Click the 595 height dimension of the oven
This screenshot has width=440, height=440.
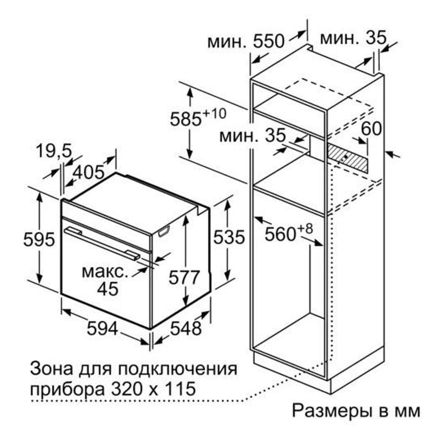pyautogui.click(x=39, y=239)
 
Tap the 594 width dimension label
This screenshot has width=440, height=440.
pyautogui.click(x=102, y=328)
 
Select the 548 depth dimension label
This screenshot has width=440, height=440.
pyautogui.click(x=186, y=328)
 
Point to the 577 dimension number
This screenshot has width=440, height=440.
pyautogui.click(x=184, y=278)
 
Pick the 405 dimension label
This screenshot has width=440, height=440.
pyautogui.click(x=88, y=172)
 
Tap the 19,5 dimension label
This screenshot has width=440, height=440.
pyautogui.click(x=54, y=151)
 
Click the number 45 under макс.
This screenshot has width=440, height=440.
pyautogui.click(x=108, y=289)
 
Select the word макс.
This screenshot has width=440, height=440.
pyautogui.click(x=105, y=272)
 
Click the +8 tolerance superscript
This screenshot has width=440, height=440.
pyautogui.click(x=304, y=228)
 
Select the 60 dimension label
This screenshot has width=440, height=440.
pyautogui.click(x=371, y=129)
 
